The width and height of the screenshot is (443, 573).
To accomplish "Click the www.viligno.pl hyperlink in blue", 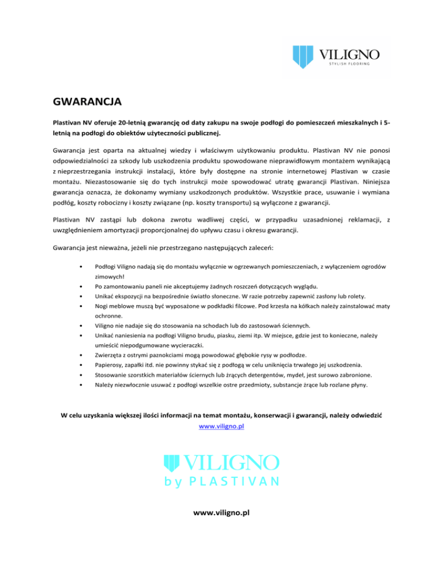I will (221, 427).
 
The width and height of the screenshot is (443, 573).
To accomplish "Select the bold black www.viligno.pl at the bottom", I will (221, 512).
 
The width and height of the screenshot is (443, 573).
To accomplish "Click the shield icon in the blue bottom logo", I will (172, 463).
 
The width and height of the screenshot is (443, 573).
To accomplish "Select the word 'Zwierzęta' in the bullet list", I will (110, 355).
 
